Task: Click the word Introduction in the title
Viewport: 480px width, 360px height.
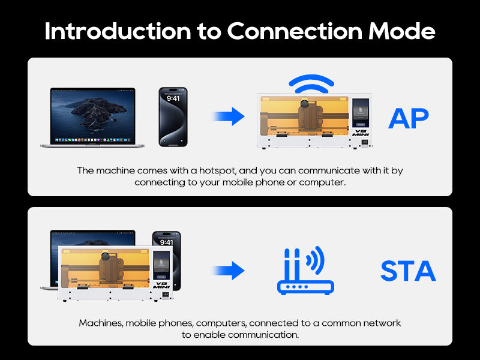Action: click(x=118, y=31)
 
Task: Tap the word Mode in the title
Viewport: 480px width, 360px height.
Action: click(x=401, y=31)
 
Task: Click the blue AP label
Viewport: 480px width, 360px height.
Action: click(x=409, y=118)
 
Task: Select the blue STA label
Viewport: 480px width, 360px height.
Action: click(x=408, y=271)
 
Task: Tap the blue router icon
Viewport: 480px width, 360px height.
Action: click(x=305, y=271)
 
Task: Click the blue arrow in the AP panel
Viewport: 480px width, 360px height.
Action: click(x=229, y=116)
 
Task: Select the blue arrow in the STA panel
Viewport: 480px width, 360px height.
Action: click(x=229, y=271)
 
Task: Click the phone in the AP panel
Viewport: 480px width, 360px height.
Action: click(x=173, y=117)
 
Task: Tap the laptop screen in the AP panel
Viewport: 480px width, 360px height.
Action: click(x=92, y=116)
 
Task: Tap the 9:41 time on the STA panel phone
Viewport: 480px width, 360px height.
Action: click(x=166, y=242)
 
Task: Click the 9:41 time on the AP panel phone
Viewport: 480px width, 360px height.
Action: click(x=173, y=98)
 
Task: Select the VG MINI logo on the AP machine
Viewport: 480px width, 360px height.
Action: click(x=361, y=133)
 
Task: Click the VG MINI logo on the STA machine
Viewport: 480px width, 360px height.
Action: click(x=161, y=286)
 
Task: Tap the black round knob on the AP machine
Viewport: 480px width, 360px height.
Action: click(x=304, y=104)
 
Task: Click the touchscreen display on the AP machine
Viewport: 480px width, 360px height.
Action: click(x=361, y=113)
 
